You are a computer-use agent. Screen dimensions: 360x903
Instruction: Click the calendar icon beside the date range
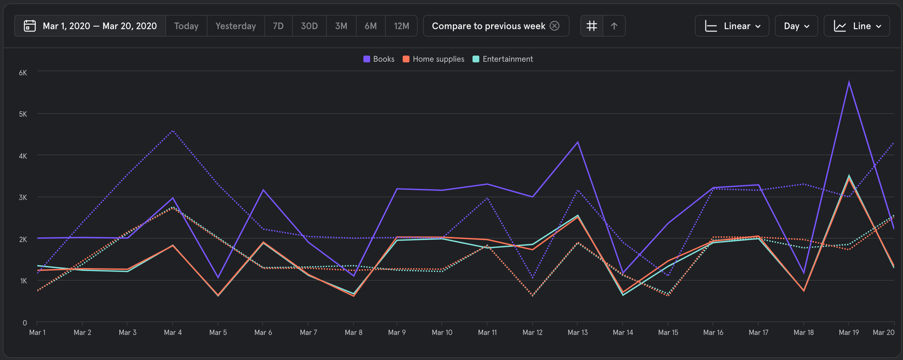[30, 26]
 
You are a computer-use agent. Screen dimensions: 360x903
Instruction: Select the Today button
[186, 26]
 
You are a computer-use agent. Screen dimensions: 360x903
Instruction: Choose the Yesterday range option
[236, 26]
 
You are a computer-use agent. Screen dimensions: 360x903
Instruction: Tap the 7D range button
[278, 26]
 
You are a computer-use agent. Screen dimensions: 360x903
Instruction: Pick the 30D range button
[309, 26]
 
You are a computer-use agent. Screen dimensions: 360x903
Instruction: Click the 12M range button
[401, 26]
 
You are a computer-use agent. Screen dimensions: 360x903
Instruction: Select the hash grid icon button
[592, 26]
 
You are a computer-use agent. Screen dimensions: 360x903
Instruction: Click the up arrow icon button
[614, 26]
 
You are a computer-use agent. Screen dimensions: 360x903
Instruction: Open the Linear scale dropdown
[732, 26]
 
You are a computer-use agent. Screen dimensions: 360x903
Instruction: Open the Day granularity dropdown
[796, 26]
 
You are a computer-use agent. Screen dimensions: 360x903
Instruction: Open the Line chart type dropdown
[856, 26]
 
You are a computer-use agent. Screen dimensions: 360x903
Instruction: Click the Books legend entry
[379, 59]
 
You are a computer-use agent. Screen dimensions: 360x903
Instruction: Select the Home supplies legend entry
[434, 59]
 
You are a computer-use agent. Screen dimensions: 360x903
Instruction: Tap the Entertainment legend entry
[503, 59]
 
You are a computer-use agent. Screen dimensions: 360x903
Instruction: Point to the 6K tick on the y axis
[23, 73]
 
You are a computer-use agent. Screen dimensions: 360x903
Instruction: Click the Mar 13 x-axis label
[577, 332]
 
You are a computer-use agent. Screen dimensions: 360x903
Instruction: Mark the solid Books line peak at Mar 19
[849, 82]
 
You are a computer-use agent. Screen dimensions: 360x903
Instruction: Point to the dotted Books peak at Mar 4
[173, 131]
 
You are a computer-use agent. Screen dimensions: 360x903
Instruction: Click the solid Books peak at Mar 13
[578, 142]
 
